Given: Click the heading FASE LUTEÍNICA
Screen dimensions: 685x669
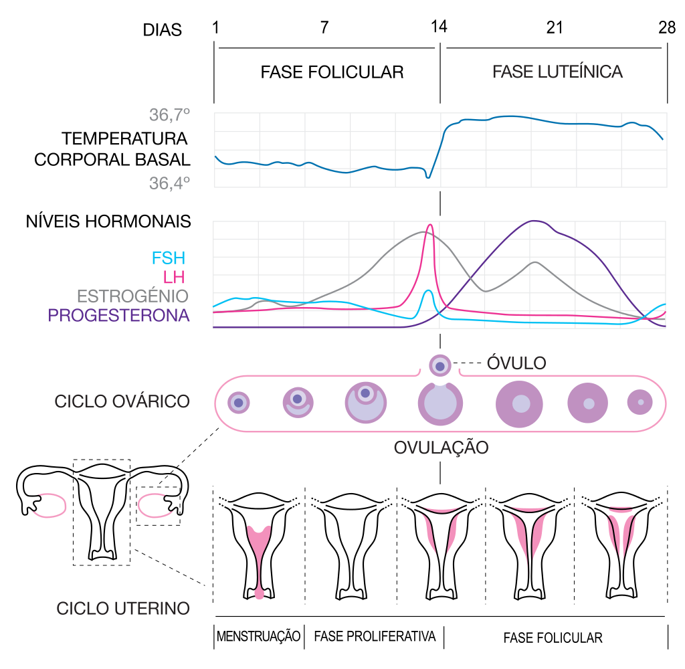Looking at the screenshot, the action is pyautogui.click(x=557, y=72).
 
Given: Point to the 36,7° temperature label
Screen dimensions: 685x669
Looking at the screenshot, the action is pyautogui.click(x=169, y=116).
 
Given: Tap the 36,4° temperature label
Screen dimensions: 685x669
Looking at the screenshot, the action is pyautogui.click(x=169, y=183).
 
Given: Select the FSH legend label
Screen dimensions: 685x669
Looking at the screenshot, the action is pyautogui.click(x=169, y=258).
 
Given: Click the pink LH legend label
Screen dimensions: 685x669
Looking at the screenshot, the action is pyautogui.click(x=174, y=277).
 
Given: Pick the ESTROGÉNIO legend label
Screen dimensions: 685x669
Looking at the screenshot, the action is pyautogui.click(x=132, y=296).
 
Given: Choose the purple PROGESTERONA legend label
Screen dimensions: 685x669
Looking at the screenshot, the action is pyautogui.click(x=118, y=315).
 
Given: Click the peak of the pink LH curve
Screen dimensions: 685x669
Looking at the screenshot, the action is pyautogui.click(x=429, y=225).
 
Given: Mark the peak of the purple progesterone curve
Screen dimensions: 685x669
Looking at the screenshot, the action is pyautogui.click(x=534, y=221).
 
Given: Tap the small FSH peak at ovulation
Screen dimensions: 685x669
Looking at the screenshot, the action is pyautogui.click(x=429, y=290).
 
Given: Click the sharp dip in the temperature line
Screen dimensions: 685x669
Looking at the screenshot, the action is pyautogui.click(x=429, y=177).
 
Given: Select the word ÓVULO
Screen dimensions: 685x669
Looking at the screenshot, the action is pyautogui.click(x=516, y=363).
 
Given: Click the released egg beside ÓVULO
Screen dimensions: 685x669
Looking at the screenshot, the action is pyautogui.click(x=439, y=366).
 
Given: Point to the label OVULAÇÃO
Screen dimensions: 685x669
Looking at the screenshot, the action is pyautogui.click(x=441, y=448).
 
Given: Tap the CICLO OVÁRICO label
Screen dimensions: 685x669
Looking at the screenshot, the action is pyautogui.click(x=122, y=401).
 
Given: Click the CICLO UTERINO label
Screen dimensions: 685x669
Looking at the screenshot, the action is pyautogui.click(x=123, y=609).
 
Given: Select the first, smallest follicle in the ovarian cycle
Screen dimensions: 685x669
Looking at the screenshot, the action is pyautogui.click(x=239, y=403).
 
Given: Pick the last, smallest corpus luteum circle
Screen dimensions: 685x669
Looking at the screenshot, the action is pyautogui.click(x=640, y=402).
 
